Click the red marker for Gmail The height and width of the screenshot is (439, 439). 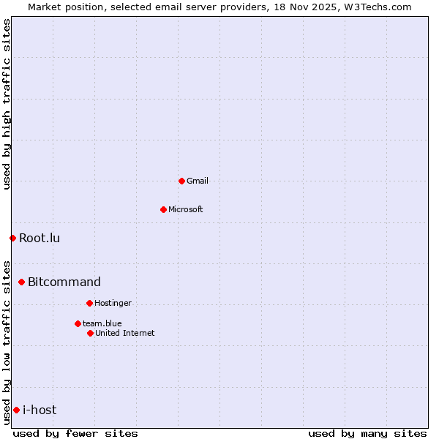click(181, 181)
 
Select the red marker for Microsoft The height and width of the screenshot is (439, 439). click(163, 209)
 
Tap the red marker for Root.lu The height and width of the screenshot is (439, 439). click(12, 238)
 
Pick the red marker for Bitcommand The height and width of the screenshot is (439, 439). click(21, 282)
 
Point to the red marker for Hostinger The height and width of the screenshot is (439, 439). click(89, 303)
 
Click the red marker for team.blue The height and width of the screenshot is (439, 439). click(78, 323)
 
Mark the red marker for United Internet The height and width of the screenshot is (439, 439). click(90, 333)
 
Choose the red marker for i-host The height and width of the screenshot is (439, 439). click(16, 410)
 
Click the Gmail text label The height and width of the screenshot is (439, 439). click(198, 181)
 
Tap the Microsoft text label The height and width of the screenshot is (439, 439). click(186, 209)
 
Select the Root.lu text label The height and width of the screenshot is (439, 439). click(40, 238)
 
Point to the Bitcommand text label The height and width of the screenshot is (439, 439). click(64, 282)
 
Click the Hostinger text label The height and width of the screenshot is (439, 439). click(113, 303)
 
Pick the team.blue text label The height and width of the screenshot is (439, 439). click(102, 323)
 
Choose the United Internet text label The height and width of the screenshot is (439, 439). click(125, 333)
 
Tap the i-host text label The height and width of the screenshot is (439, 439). click(40, 410)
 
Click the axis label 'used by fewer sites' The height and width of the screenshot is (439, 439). click(75, 433)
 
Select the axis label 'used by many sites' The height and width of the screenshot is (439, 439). click(367, 433)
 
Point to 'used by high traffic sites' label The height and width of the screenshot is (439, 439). click(7, 104)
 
